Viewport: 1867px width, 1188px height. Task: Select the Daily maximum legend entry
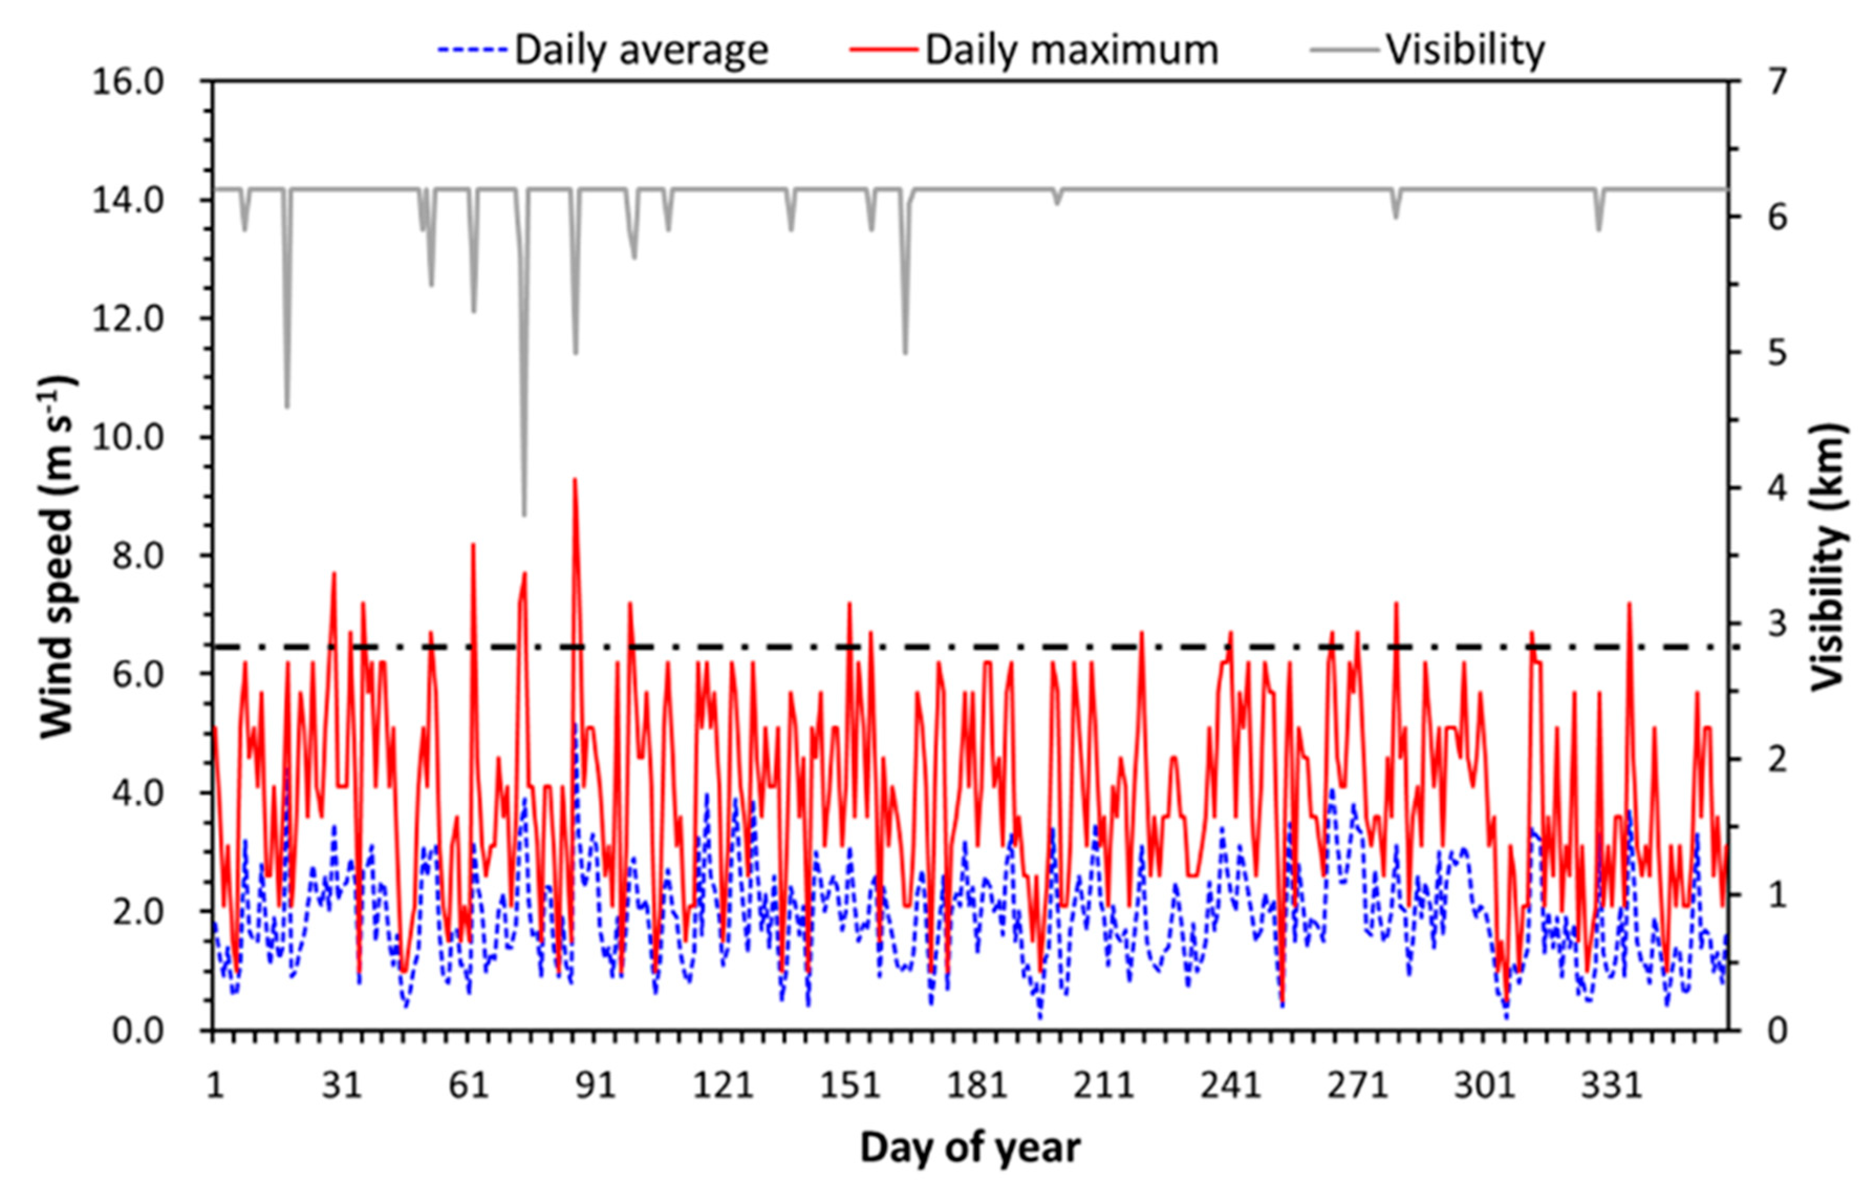coord(1034,50)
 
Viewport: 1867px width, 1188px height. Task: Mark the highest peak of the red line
coord(575,479)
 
